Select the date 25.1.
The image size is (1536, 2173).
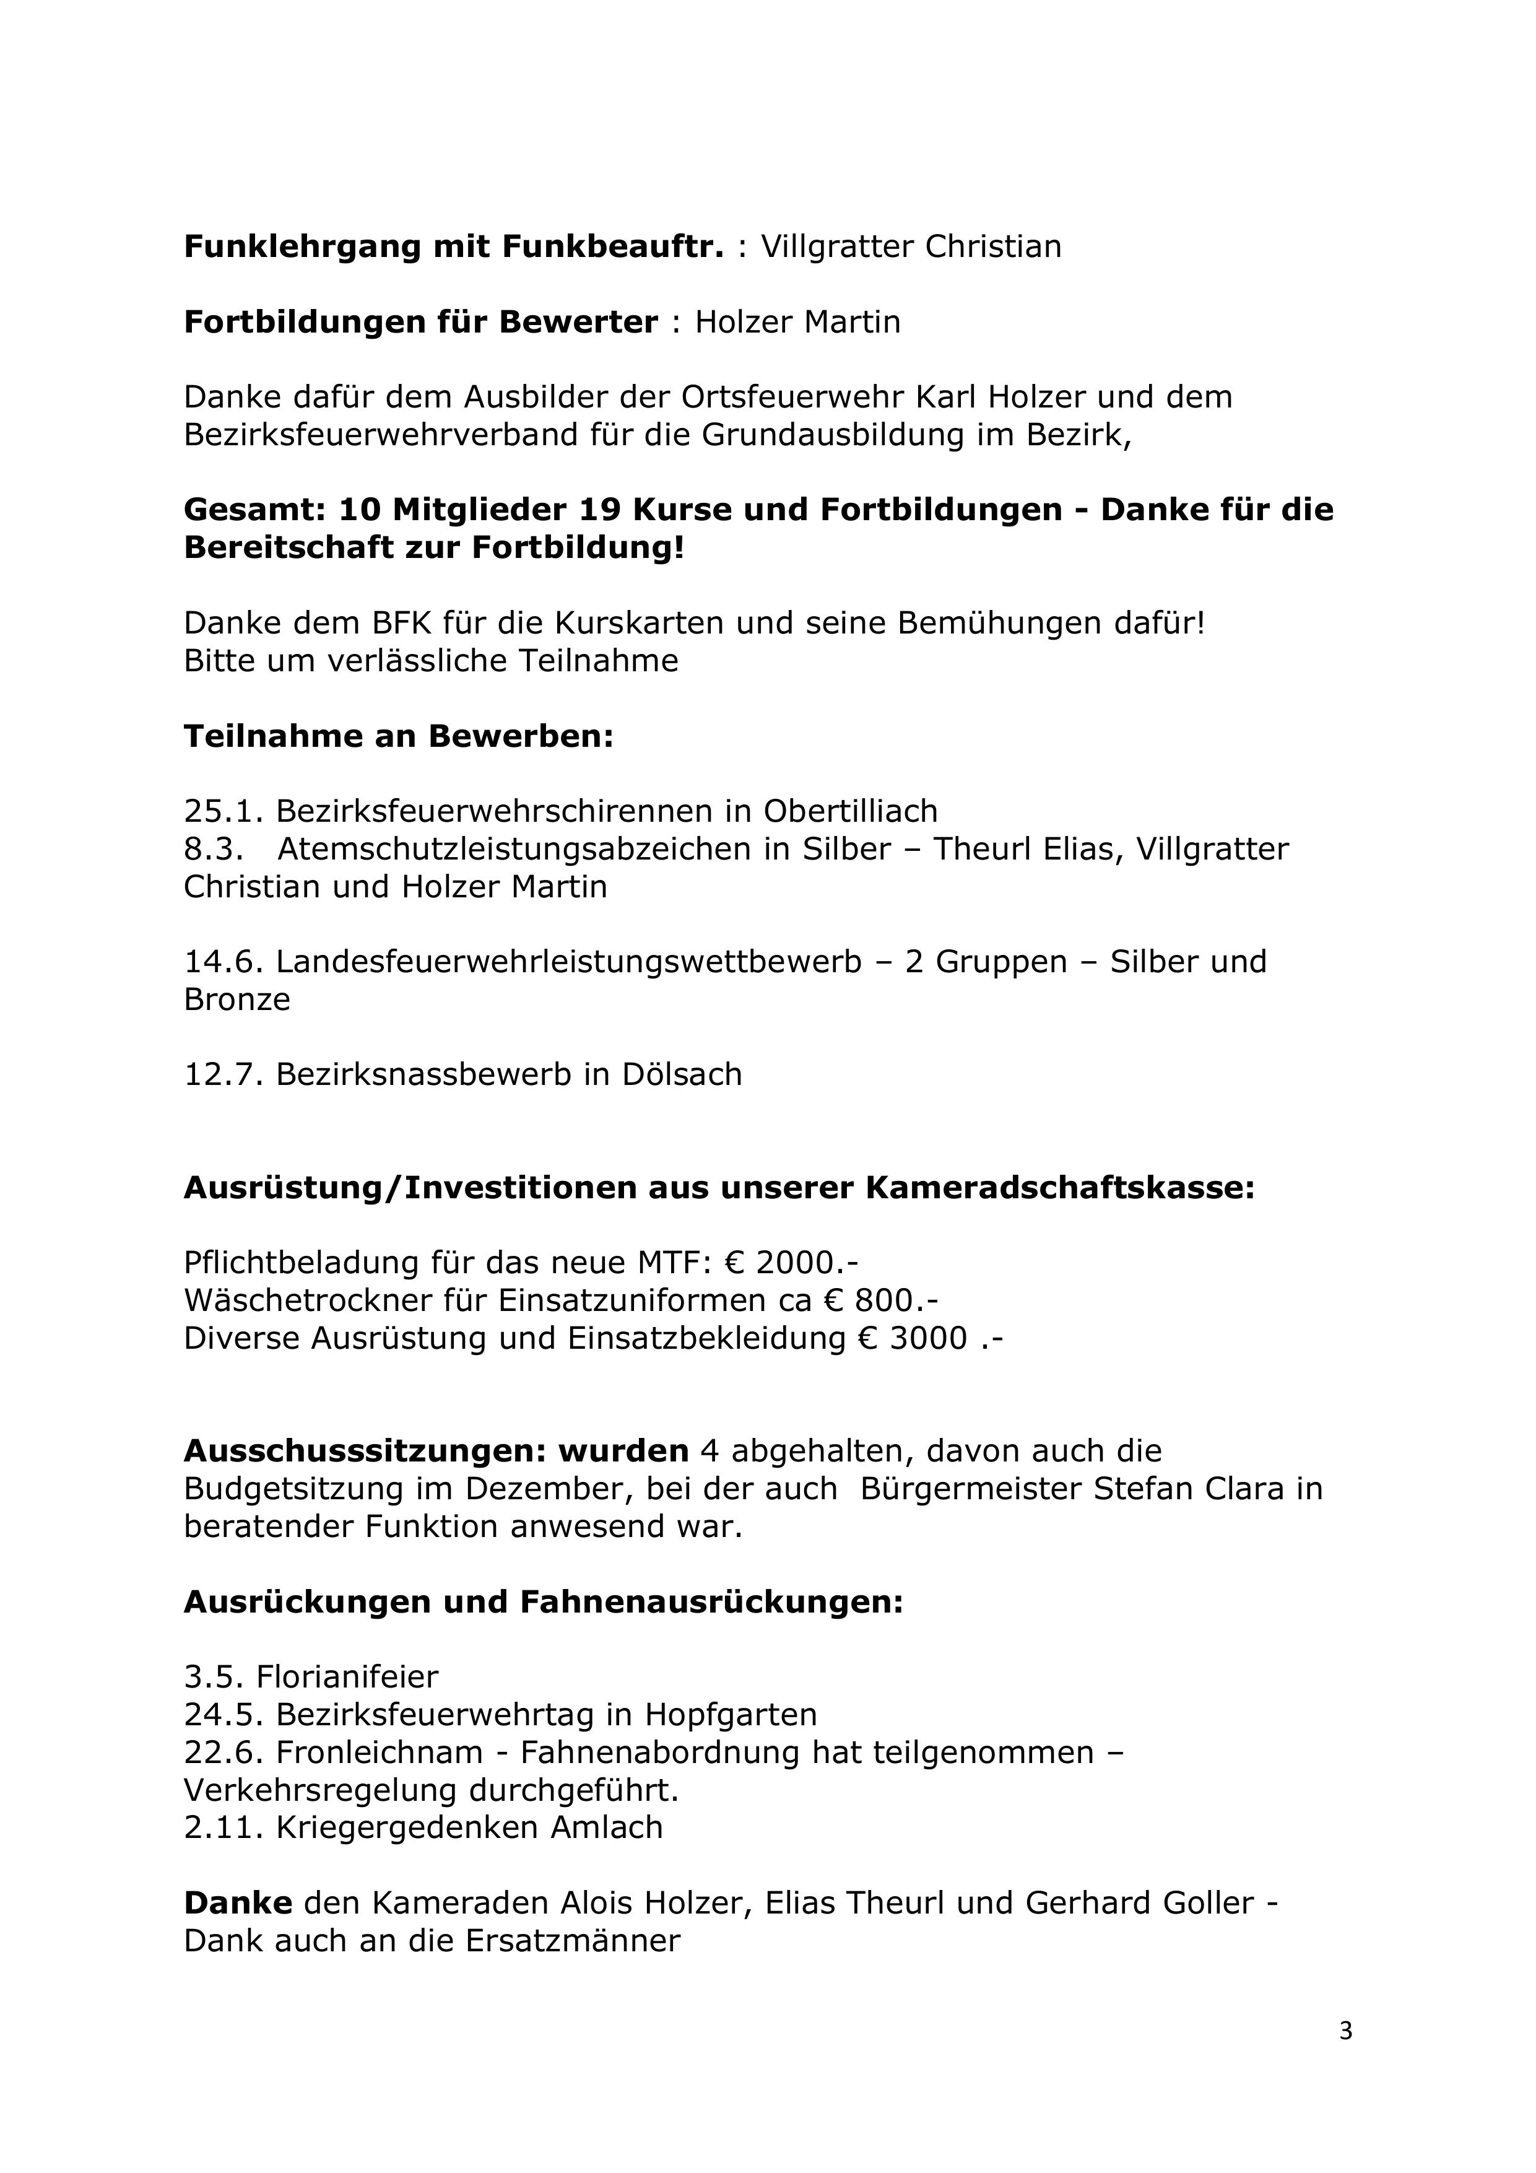coord(224,811)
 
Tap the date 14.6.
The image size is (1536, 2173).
coord(224,962)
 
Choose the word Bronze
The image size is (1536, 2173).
coord(236,999)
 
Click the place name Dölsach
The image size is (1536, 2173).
coord(682,1074)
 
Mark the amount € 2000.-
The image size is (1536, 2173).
coord(791,1263)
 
